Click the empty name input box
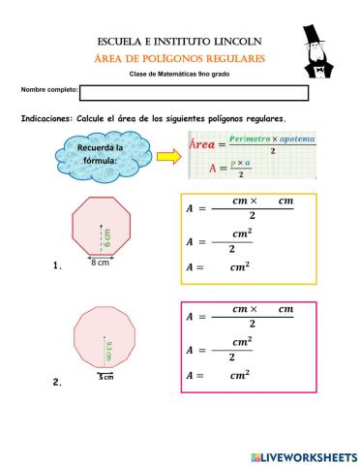click(194, 93)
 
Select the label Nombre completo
click(48, 91)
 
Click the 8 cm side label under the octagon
click(100, 263)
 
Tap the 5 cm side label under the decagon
click(105, 377)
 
